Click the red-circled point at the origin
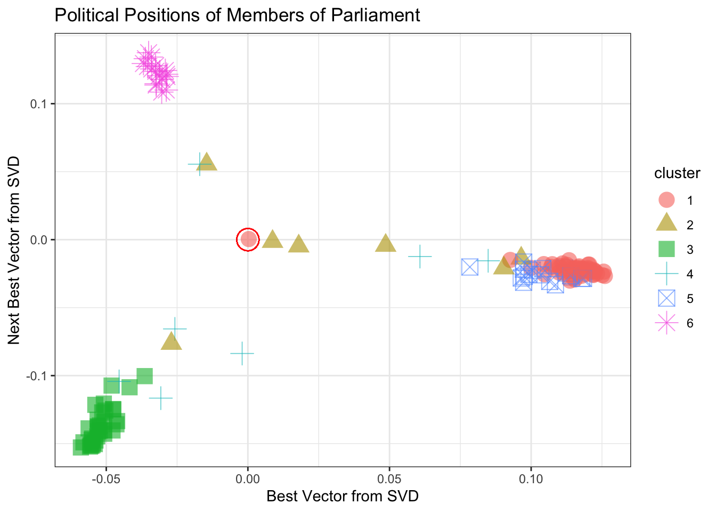[248, 239]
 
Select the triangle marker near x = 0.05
[386, 244]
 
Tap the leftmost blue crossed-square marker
[470, 267]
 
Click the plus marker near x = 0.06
[420, 257]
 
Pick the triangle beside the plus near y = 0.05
[207, 162]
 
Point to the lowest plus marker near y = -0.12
[160, 398]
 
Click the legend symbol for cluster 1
[667, 200]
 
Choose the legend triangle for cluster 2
[667, 225]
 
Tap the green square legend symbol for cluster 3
[667, 249]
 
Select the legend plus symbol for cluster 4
[667, 274]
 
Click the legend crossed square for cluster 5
[667, 298]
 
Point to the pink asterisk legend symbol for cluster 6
[667, 323]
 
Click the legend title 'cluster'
[677, 173]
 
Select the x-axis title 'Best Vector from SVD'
[343, 497]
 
